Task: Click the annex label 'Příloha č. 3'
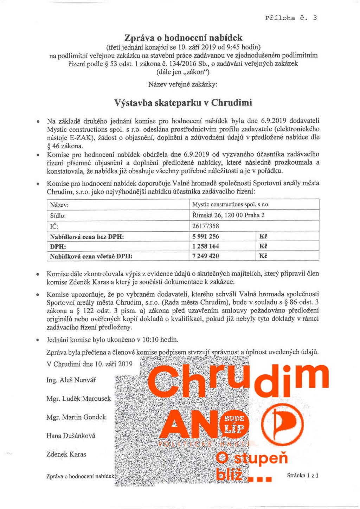coord(291,18)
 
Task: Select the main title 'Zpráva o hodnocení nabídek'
coord(183,38)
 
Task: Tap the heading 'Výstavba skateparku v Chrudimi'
coord(183,103)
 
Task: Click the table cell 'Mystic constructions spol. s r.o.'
coord(231,204)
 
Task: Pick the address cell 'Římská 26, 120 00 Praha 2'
coord(228,215)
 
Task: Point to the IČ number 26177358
coord(206,226)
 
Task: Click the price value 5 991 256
coord(206,236)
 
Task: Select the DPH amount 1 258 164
coord(206,246)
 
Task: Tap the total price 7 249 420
coord(206,256)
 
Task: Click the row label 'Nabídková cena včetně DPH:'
coord(91,256)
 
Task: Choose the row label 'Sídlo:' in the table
coord(58,215)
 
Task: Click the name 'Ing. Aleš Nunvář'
coord(71,380)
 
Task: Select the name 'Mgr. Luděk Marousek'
coord(78,399)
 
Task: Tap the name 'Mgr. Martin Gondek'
coord(76,417)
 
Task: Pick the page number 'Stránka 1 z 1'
coord(303,476)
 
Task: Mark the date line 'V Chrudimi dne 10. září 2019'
coord(89,364)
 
